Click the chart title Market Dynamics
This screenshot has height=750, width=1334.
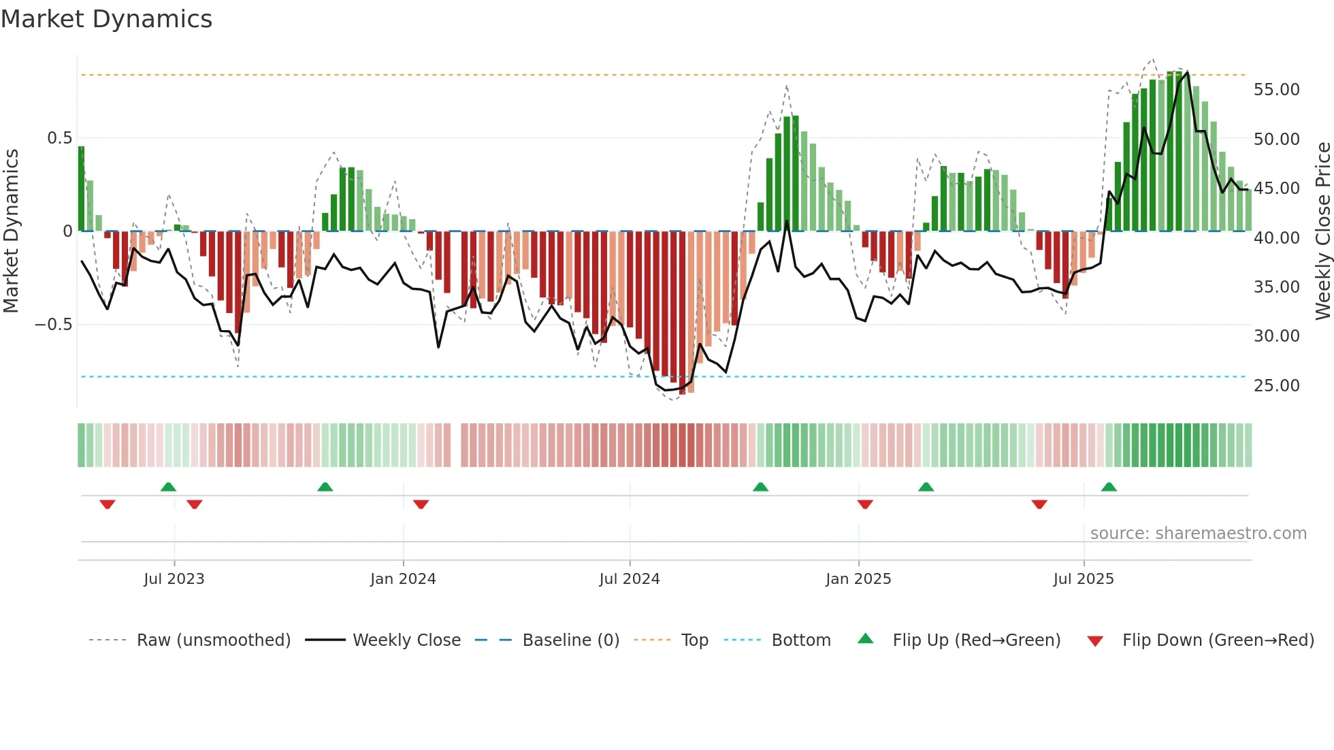click(106, 19)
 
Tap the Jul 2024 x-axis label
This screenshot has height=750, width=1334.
click(629, 578)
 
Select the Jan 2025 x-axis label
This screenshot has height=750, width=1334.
click(858, 578)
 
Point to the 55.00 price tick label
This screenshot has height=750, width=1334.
click(1276, 90)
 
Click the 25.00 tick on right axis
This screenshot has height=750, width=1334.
click(1276, 385)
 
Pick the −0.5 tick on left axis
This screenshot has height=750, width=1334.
click(53, 324)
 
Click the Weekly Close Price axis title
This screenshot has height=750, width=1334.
click(1322, 231)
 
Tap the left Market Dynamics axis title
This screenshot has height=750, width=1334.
click(11, 231)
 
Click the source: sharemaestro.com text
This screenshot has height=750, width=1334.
click(1198, 533)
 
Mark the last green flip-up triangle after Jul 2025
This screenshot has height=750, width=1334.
click(1109, 487)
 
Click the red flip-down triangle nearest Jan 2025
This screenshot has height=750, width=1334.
click(865, 504)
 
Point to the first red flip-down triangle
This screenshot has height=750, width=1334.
click(108, 504)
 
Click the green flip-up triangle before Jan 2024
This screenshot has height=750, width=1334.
click(325, 487)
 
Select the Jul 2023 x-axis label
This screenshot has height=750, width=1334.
click(174, 578)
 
